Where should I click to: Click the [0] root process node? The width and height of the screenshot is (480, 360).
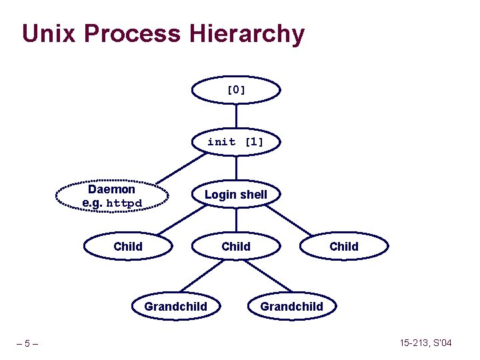tap(236, 90)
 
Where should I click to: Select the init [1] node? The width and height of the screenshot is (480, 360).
tap(235, 142)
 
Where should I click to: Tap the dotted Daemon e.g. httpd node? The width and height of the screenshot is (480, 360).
tap(111, 195)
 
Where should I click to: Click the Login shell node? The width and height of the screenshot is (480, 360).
tap(235, 195)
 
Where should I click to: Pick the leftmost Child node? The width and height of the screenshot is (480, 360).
tap(127, 247)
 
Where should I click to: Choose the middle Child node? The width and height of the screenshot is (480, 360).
tap(235, 247)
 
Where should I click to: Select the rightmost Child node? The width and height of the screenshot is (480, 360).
tap(343, 247)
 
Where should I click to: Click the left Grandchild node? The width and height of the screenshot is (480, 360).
tap(175, 307)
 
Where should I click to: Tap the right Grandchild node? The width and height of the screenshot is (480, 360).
tap(291, 307)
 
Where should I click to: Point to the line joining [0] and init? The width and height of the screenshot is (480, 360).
tap(236, 116)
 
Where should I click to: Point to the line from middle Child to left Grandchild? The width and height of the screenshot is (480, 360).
tap(207, 277)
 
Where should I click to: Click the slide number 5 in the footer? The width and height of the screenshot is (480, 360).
tap(27, 344)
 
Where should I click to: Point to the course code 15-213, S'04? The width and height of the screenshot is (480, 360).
tap(426, 343)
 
